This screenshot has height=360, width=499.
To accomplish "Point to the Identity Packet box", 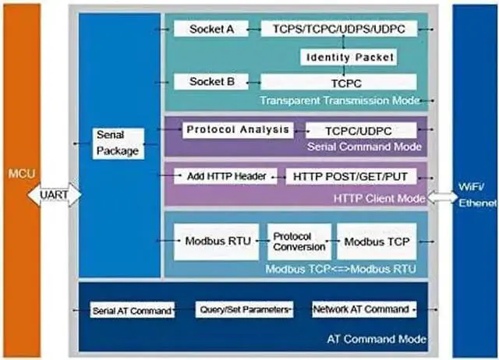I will [349, 58].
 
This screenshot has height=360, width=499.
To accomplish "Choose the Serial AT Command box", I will [130, 310].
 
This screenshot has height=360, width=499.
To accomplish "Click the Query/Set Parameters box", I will [244, 309].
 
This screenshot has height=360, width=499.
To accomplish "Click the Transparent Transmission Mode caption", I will [339, 100].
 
